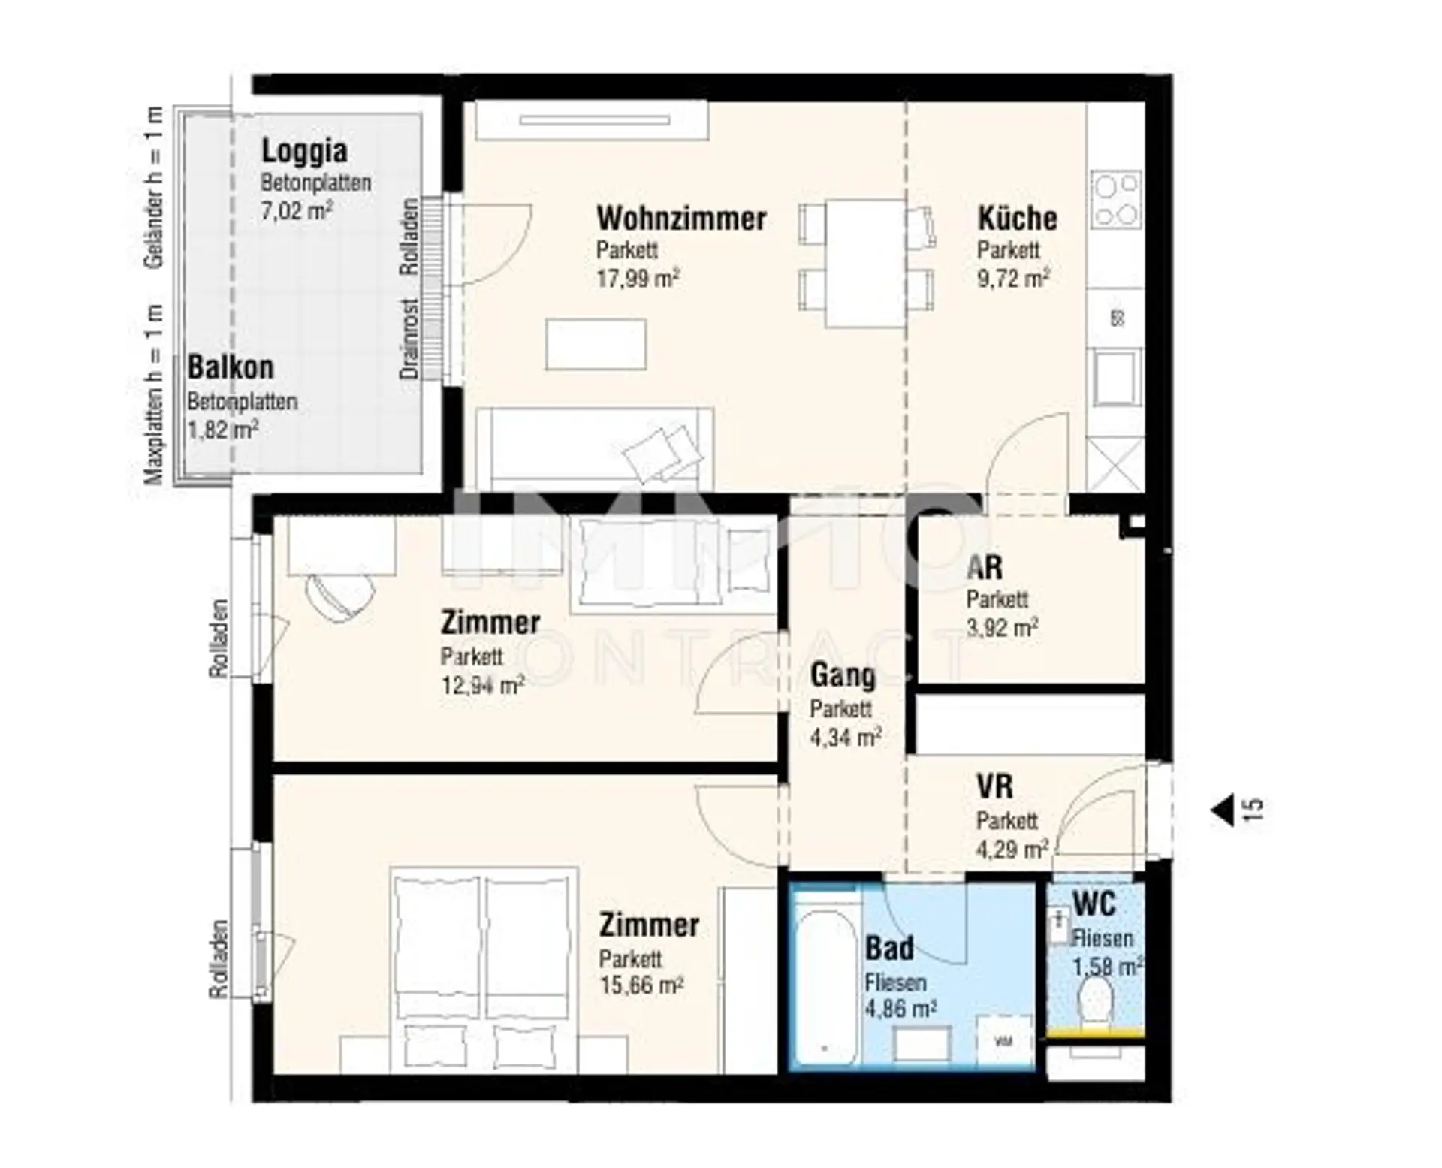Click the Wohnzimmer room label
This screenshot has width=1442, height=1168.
(681, 219)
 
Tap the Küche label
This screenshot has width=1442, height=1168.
(1017, 219)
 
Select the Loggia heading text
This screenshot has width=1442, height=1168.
(304, 152)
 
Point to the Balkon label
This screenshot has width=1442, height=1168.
(230, 367)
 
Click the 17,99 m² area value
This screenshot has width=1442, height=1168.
(638, 279)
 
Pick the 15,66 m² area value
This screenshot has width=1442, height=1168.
(641, 985)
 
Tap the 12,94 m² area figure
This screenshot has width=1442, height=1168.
(482, 685)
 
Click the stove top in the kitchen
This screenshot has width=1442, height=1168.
(1115, 200)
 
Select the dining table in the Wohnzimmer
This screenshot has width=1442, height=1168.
(865, 263)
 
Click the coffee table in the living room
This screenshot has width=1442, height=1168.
(596, 344)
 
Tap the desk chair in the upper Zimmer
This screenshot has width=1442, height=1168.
(340, 595)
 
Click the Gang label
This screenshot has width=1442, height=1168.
(843, 676)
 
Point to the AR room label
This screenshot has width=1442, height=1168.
(985, 567)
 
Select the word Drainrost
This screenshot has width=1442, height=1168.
(409, 339)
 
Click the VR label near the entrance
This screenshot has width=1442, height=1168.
(994, 786)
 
